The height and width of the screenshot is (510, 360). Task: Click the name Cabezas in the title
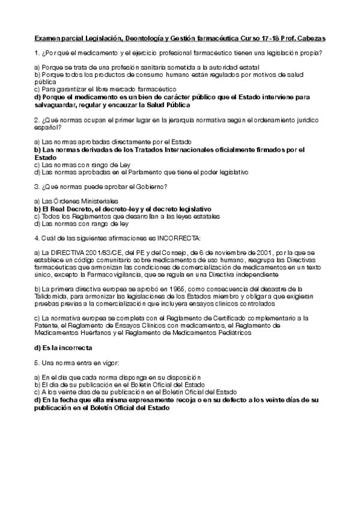pyautogui.click(x=311, y=38)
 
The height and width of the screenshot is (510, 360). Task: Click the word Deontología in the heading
pyautogui.click(x=144, y=38)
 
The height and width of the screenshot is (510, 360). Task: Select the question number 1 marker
pyautogui.click(x=37, y=54)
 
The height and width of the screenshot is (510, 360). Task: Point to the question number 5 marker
pyautogui.click(x=37, y=363)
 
